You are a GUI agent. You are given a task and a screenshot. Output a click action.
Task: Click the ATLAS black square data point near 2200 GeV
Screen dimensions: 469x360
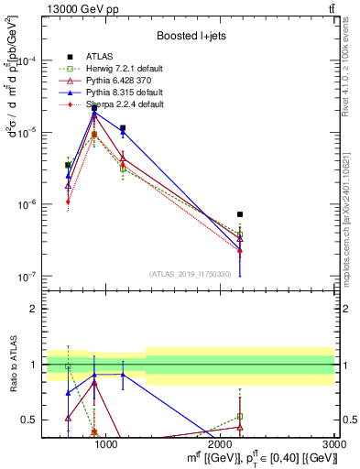[240, 214]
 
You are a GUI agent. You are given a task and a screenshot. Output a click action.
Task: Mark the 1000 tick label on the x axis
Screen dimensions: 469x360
[106, 443]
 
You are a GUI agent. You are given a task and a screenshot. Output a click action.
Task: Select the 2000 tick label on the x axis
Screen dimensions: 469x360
[221, 443]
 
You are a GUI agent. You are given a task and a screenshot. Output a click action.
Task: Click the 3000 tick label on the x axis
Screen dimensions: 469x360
[333, 443]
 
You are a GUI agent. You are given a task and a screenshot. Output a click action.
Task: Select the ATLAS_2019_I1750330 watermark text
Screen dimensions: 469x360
[191, 274]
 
